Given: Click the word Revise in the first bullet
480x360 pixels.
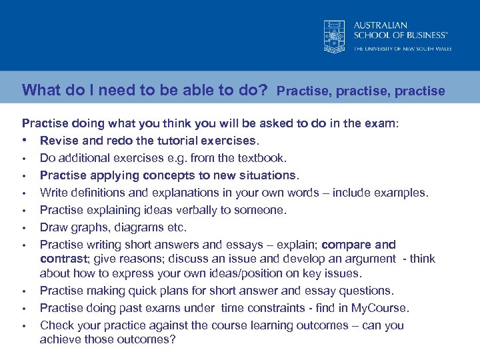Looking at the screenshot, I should (x=59, y=141).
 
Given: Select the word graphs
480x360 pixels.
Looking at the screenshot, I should (x=87, y=227).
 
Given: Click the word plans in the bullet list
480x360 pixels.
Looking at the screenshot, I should (x=168, y=291).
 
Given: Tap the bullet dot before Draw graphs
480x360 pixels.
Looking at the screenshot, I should (x=23, y=228).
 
